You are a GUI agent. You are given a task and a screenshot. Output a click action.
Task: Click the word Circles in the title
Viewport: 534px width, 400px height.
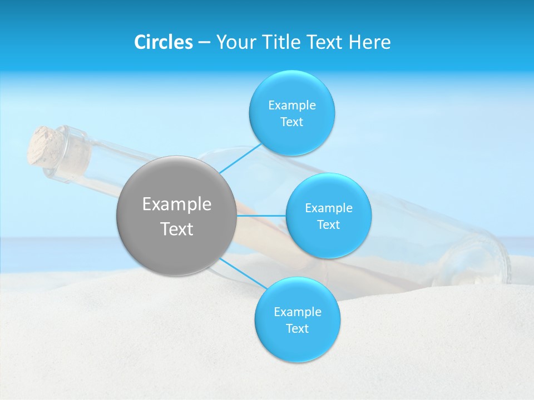tap(163, 42)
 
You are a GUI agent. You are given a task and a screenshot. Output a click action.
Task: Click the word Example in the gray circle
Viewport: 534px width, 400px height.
tap(177, 204)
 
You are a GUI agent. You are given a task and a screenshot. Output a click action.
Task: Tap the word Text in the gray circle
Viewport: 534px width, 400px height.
tap(177, 229)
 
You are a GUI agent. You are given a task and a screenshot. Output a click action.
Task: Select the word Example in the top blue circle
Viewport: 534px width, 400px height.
tap(292, 105)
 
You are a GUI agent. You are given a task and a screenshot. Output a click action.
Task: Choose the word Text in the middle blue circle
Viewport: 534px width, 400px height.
tap(328, 224)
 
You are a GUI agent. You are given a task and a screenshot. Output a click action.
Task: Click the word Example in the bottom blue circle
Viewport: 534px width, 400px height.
tap(298, 312)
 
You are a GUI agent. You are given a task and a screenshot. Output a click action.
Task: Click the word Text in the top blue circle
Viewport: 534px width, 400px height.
tap(292, 122)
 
